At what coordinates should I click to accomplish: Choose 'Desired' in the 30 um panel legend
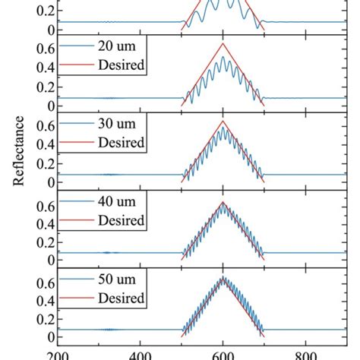coord(122,141)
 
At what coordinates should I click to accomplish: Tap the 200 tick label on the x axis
coord(57,354)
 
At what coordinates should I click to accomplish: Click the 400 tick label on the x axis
coord(140,354)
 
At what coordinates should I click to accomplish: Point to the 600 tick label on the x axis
coord(223,354)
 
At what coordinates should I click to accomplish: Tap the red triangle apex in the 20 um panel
coord(223,44)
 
